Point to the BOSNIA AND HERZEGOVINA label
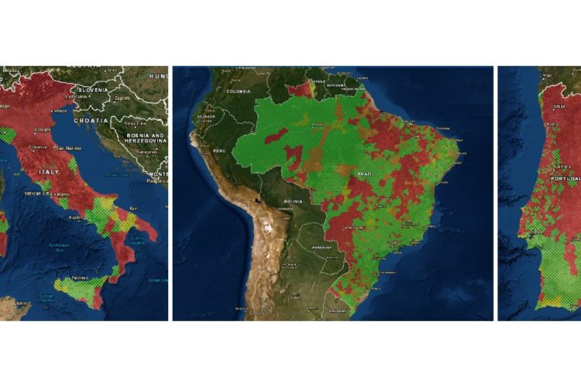pyautogui.click(x=141, y=138)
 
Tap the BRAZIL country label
pyautogui.click(x=361, y=174)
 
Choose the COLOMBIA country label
pyautogui.click(x=239, y=91)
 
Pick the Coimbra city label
pyautogui.click(x=560, y=166)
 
